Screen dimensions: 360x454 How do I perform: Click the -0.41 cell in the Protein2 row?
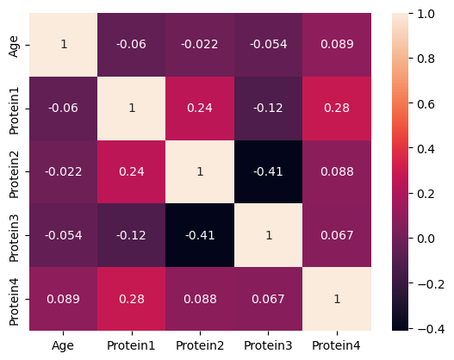pyautogui.click(x=268, y=171)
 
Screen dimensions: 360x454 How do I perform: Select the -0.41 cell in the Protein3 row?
pyautogui.click(x=200, y=234)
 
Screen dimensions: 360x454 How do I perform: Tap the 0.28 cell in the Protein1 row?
pyautogui.click(x=336, y=108)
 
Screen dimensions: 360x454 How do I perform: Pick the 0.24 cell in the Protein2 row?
pyautogui.click(x=132, y=171)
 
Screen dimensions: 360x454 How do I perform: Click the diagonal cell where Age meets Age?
pyautogui.click(x=63, y=45)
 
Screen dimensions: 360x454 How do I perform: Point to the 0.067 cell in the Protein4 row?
pyautogui.click(x=268, y=298)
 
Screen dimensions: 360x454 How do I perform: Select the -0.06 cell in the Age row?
pyautogui.click(x=132, y=45)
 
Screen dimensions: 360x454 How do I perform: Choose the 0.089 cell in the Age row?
pyautogui.click(x=336, y=45)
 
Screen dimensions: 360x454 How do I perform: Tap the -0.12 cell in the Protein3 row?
pyautogui.click(x=132, y=234)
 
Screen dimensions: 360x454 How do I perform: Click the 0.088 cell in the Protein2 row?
pyautogui.click(x=336, y=171)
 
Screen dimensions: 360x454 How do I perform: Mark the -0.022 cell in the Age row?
pyautogui.click(x=200, y=45)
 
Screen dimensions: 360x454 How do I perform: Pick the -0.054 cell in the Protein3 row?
pyautogui.click(x=63, y=234)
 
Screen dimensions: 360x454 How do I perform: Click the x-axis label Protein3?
pyautogui.click(x=268, y=345)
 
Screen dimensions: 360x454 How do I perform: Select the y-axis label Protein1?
pyautogui.click(x=13, y=108)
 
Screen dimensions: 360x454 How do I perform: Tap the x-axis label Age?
pyautogui.click(x=63, y=345)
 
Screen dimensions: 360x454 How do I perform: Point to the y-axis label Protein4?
pyautogui.click(x=13, y=298)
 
